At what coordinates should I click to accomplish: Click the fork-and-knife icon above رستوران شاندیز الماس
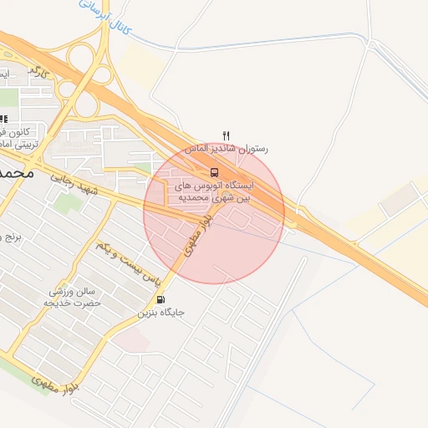[x=225, y=135]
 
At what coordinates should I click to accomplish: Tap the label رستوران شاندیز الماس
[x=231, y=148]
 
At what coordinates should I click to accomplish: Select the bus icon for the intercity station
[x=214, y=173]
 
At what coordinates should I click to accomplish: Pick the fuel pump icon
[x=160, y=299]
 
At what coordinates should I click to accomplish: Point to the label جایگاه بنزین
[x=161, y=313]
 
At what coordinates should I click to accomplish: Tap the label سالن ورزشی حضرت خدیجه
[x=74, y=297]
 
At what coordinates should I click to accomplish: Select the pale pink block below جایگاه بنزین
[x=132, y=340]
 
